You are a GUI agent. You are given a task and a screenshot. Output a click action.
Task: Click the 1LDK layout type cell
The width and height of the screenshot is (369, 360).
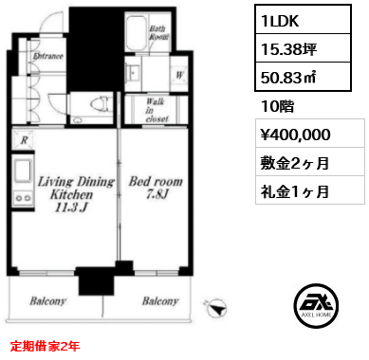click(x=303, y=20)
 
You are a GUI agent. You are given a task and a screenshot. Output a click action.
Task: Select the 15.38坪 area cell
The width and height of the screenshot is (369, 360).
click(x=303, y=48)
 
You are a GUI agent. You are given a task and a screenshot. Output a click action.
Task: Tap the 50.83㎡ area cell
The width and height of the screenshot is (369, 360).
click(x=303, y=77)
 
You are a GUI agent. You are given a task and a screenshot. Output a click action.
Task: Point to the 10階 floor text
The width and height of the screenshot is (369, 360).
click(x=277, y=106)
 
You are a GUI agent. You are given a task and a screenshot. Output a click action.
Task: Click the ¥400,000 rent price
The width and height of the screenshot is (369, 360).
click(x=310, y=134)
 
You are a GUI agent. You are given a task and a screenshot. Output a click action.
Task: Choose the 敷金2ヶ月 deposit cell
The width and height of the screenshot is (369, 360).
click(x=310, y=162)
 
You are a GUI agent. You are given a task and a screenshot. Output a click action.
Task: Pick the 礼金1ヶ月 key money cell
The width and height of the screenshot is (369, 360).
click(x=310, y=190)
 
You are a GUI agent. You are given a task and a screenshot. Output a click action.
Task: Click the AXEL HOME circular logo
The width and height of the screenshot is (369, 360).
click(x=316, y=305)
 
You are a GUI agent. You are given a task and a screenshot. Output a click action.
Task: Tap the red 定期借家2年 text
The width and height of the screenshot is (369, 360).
click(x=45, y=347)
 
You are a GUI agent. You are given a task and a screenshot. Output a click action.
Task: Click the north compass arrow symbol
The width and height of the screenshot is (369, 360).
click(x=216, y=307)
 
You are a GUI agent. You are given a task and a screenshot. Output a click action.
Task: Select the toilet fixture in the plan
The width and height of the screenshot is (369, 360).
click(x=101, y=104)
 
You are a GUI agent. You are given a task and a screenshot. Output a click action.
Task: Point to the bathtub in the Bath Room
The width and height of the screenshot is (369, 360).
click(x=137, y=33)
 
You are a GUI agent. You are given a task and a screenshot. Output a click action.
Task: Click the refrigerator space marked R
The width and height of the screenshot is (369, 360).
click(x=24, y=140)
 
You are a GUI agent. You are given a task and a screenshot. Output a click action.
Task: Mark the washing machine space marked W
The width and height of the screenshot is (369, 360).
click(x=179, y=75)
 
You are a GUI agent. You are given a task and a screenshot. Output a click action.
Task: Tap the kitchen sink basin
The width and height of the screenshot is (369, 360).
click(x=24, y=171)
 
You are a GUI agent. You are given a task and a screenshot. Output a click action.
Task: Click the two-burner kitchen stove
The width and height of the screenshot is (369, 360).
click(x=24, y=198)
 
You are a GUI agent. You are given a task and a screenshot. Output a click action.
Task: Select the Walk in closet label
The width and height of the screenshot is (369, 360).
click(x=157, y=110)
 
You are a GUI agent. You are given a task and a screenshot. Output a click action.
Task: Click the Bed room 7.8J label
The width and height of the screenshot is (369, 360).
click(x=156, y=188)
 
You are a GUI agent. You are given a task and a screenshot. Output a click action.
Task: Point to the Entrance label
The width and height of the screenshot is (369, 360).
click(x=48, y=57)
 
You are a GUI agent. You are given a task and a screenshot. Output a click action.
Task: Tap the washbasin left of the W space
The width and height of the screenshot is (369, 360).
click(x=133, y=74)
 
